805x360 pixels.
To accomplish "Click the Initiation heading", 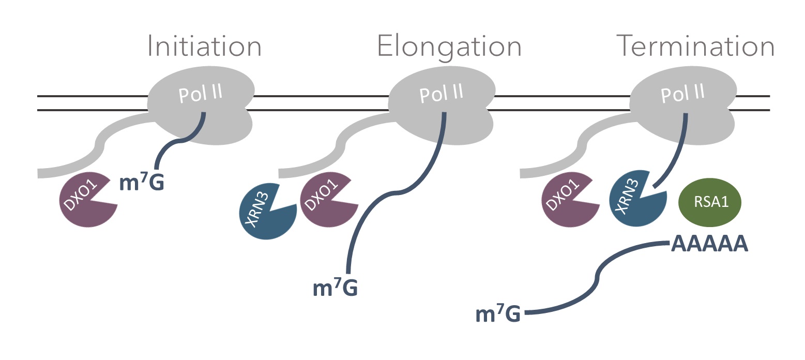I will pyautogui.click(x=205, y=46).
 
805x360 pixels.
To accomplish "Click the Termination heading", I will pyautogui.click(x=695, y=46).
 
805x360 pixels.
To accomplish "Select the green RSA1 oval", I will pyautogui.click(x=709, y=202).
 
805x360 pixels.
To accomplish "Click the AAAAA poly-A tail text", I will pyautogui.click(x=709, y=244).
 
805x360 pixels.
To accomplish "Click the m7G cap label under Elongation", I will pyautogui.click(x=335, y=288).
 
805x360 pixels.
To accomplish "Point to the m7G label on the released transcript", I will pyautogui.click(x=497, y=314).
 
